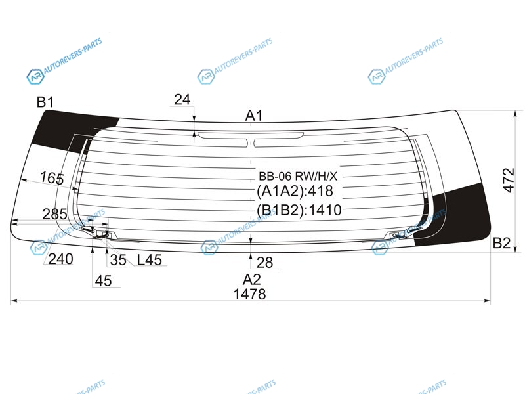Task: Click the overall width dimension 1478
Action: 249,294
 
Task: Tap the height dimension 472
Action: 508,180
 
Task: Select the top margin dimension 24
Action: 182,100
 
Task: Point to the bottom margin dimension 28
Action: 264,262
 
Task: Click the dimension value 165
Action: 52,177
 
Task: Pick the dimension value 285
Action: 54,214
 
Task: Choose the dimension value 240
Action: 60,259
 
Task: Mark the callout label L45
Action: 150,259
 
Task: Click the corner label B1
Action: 45,102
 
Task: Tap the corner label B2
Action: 501,243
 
